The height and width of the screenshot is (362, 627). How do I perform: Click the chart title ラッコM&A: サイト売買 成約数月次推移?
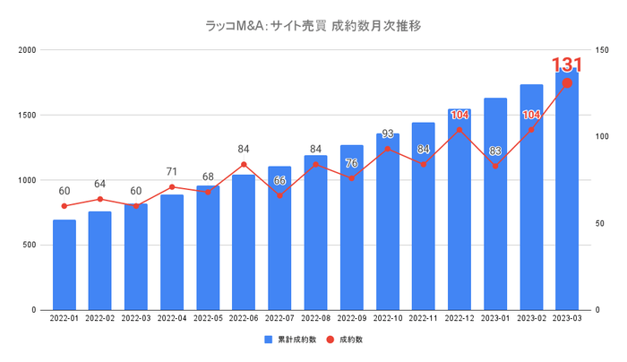(313, 25)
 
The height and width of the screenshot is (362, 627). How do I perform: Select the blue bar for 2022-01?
(64, 264)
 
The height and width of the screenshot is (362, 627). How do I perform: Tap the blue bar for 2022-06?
(244, 242)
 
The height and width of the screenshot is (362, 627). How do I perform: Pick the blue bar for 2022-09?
(351, 228)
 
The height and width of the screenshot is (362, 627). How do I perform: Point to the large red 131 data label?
(567, 65)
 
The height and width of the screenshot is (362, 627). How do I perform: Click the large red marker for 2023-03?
(567, 83)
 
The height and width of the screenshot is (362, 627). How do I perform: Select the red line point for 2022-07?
(279, 195)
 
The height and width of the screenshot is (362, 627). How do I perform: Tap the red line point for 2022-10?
(387, 149)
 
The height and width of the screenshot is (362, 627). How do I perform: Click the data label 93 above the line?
(387, 134)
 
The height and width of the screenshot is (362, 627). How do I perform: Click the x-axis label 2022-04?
(172, 319)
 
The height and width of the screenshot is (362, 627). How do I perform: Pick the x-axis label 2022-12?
(459, 319)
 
